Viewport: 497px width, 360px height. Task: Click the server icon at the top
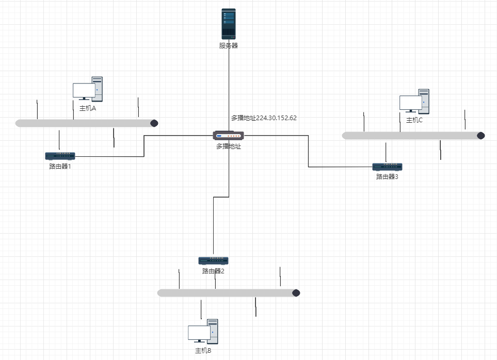[229, 24]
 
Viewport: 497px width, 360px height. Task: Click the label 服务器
[228, 45]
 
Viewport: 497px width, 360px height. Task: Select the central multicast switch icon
[229, 136]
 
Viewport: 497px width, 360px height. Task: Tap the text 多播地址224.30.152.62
[264, 118]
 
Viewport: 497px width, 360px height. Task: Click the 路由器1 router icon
[60, 156]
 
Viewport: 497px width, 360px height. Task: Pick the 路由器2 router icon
[213, 260]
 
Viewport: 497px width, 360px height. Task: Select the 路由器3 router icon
[388, 167]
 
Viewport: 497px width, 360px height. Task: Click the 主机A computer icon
[88, 89]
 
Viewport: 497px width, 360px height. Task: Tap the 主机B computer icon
[203, 332]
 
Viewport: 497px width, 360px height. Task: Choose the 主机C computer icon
[414, 101]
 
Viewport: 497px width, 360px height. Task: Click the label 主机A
[88, 108]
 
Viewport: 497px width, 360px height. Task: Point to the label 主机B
[203, 351]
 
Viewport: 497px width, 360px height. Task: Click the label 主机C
[414, 120]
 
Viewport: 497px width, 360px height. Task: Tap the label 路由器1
[60, 166]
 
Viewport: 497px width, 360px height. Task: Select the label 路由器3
[387, 177]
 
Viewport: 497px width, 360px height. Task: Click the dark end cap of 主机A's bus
[154, 123]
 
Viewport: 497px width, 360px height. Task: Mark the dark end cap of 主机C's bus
[481, 136]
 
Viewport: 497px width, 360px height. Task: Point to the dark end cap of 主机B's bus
[296, 293]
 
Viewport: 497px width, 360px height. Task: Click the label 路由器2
[213, 271]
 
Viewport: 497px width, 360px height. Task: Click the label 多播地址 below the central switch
[229, 146]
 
